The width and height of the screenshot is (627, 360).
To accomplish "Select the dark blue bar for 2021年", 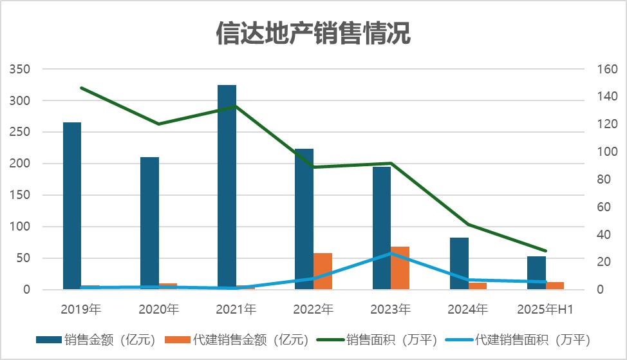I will pos(227,187).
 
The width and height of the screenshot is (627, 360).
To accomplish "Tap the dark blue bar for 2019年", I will pos(72,206).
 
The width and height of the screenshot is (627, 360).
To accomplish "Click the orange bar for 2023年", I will pos(400,268).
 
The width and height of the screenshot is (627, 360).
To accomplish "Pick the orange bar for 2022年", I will pos(323,271).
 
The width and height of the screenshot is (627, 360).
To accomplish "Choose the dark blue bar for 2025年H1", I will pos(536,273).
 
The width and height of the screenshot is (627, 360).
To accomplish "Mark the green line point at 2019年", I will pos(82,88).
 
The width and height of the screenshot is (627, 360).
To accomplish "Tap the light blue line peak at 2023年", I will pos(391,254).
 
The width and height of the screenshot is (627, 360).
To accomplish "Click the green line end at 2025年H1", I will pos(545,251).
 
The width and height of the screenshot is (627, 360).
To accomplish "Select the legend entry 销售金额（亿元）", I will pos(96,339).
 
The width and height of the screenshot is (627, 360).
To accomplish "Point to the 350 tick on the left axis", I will pos(21,69).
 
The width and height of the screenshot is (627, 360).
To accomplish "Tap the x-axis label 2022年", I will pos(313,309).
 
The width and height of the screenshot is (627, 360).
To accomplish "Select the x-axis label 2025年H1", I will pos(545,309).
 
